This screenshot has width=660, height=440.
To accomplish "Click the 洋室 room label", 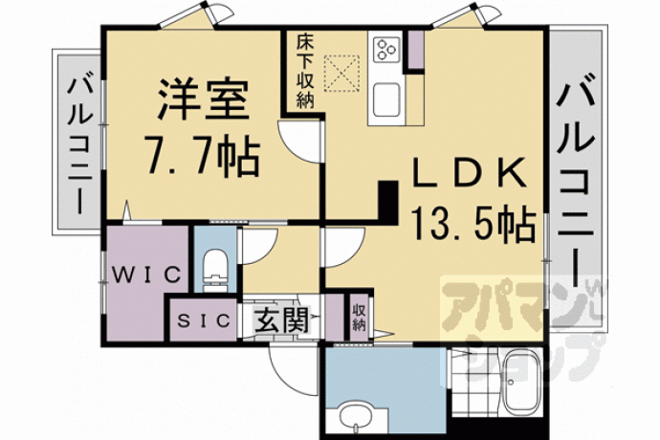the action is (204, 99).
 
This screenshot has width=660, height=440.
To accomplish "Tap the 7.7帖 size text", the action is (202, 155).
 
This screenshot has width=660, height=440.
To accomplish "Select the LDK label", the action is (470, 172).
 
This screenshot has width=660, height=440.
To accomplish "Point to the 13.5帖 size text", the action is (473, 225).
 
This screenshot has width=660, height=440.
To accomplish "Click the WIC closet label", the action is (146, 275).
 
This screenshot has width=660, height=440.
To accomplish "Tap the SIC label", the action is (204, 320).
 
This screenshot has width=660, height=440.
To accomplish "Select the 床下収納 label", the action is (305, 72).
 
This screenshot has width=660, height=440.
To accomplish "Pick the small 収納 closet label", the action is (359, 318).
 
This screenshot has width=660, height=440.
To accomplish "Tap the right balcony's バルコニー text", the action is (576, 178).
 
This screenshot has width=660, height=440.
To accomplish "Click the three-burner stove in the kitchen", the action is (386, 50).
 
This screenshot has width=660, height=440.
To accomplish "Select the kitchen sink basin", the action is (386, 99).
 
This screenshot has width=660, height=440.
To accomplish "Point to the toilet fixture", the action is (214, 270).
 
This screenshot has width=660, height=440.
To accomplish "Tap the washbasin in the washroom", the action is (358, 418).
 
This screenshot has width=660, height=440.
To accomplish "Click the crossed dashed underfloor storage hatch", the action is (341, 73).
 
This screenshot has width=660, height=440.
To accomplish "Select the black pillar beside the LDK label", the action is (388, 202).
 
